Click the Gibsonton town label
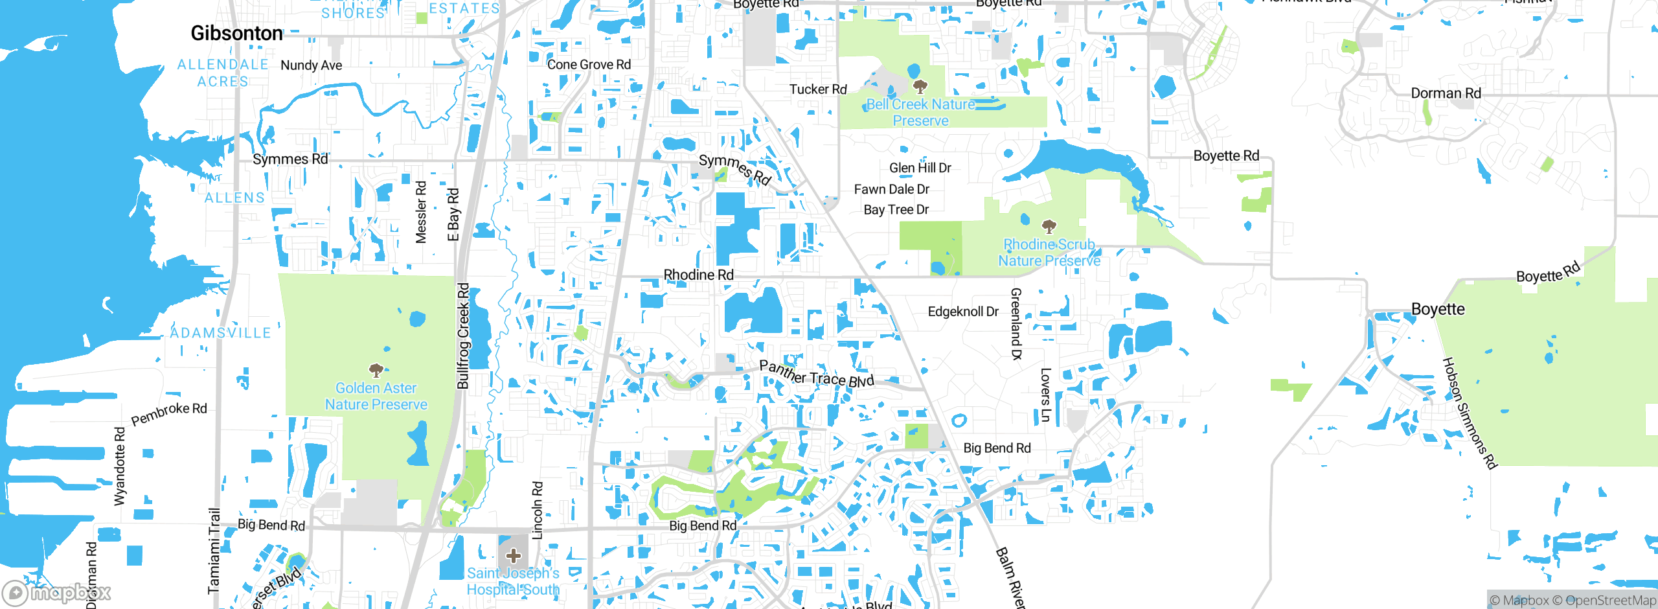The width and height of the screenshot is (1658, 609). (236, 33)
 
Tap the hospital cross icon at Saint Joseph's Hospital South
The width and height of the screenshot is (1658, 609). (514, 556)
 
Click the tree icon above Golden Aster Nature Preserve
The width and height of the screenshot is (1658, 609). (376, 371)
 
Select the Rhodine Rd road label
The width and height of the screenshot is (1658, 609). (698, 275)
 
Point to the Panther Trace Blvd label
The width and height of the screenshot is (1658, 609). (816, 374)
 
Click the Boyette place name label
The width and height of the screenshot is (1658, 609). (1437, 309)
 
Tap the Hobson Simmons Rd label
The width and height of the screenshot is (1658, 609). (1470, 413)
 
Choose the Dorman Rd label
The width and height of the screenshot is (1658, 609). (1446, 93)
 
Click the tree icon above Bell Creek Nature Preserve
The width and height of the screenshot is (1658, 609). (920, 86)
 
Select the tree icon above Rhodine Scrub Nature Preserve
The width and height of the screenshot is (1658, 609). (1049, 226)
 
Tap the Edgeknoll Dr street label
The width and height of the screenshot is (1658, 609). (962, 312)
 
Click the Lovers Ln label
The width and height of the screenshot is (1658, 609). (1045, 395)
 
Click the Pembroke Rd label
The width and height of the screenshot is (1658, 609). (169, 413)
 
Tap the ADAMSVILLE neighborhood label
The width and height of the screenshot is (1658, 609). (220, 333)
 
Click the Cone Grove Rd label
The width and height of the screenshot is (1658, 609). (588, 65)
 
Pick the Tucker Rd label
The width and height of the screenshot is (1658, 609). (817, 89)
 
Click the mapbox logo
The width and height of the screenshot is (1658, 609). (56, 592)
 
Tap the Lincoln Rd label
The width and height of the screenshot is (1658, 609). (537, 510)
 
